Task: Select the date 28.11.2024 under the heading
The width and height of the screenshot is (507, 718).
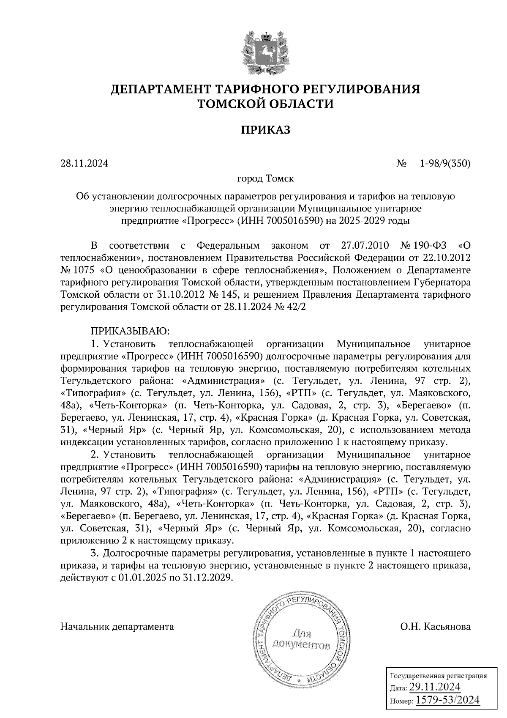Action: click(x=84, y=163)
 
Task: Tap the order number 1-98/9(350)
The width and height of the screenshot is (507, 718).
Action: click(x=445, y=163)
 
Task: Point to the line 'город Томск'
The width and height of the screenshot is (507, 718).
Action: click(x=265, y=179)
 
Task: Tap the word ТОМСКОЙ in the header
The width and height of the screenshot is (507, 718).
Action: click(x=235, y=104)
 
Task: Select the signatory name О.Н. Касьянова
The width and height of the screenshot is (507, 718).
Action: click(x=436, y=626)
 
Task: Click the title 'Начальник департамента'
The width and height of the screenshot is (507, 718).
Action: click(x=117, y=626)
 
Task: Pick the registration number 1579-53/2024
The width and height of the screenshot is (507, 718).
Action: click(x=448, y=700)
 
